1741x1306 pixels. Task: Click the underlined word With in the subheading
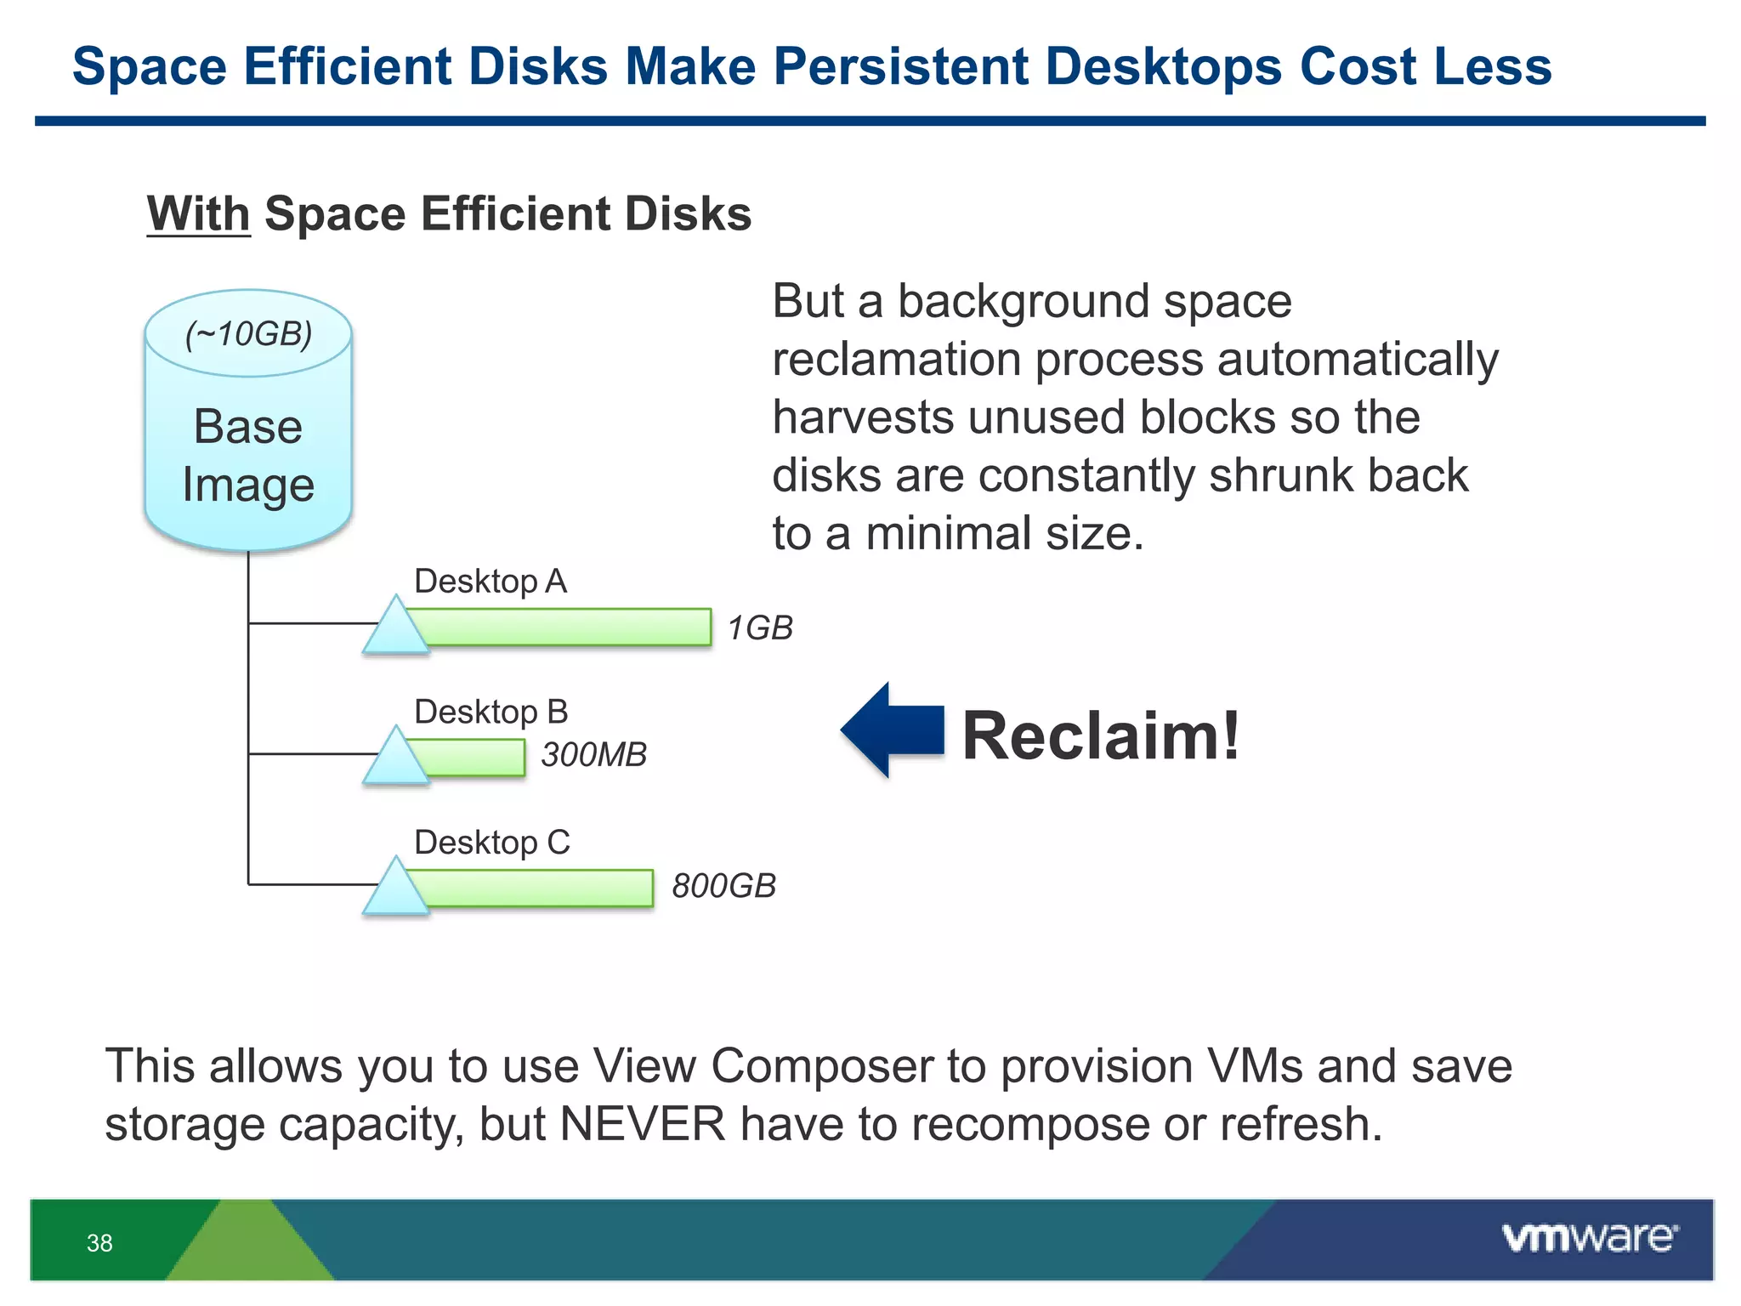coord(198,213)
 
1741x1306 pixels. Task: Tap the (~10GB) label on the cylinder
coord(248,334)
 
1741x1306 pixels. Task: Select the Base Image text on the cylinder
coord(248,456)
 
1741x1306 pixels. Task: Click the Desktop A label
coord(491,582)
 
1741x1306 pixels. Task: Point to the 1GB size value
coord(760,628)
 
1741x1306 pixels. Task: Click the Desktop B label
coord(491,712)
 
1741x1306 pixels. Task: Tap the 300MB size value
coord(593,755)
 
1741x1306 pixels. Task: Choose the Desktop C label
coord(491,843)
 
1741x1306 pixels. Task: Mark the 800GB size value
coord(723,886)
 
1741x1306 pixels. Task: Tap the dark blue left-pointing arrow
coord(892,730)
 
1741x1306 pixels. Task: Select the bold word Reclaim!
coord(1100,735)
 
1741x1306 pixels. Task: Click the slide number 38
coord(99,1243)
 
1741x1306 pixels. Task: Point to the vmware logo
coord(1589,1237)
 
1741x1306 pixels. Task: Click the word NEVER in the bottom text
coord(643,1124)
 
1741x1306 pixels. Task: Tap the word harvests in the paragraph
coord(862,417)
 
